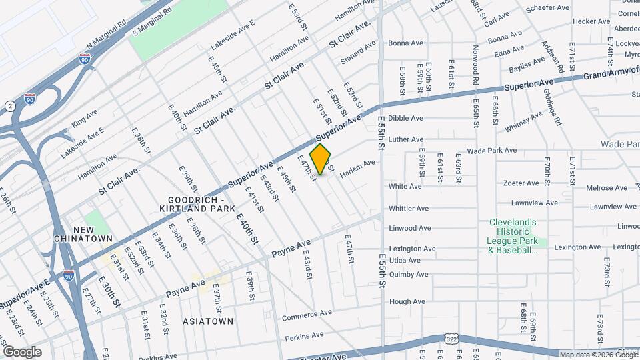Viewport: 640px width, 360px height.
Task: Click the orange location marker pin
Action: [321, 159]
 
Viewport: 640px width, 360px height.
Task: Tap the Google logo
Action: [22, 351]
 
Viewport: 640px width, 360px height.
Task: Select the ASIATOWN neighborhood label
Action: [208, 321]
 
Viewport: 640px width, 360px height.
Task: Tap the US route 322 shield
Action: [453, 339]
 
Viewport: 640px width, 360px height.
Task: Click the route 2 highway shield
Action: [10, 106]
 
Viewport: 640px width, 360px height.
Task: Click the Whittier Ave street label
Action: [409, 208]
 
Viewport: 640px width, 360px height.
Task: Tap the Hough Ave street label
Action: [407, 301]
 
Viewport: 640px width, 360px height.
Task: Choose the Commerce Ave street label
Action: [307, 314]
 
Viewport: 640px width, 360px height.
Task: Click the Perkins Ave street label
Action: [299, 338]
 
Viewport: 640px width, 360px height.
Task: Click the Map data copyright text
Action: [589, 355]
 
